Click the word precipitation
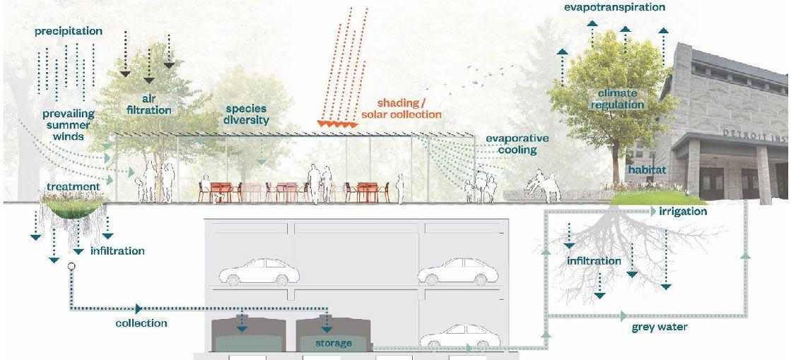[x=68, y=31]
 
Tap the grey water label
[x=659, y=327]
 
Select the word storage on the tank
[x=334, y=343]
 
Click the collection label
[x=141, y=323]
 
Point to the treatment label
[x=73, y=187]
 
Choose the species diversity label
[x=247, y=115]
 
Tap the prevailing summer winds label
[x=68, y=124]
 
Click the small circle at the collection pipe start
[x=71, y=267]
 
